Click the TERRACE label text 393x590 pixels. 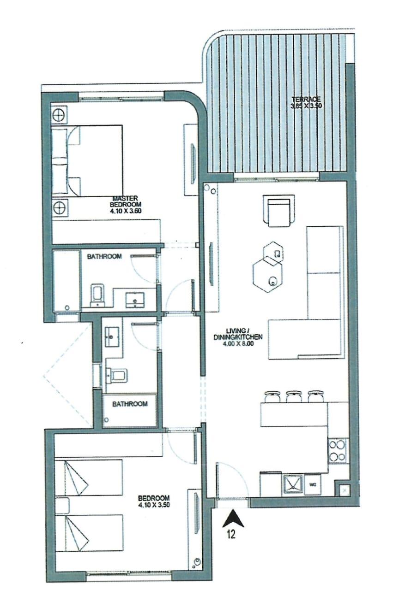pyautogui.click(x=306, y=99)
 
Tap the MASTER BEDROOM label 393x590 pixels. pyautogui.click(x=125, y=201)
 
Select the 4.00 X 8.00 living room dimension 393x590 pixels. pyautogui.click(x=238, y=343)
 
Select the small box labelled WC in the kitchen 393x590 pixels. pyautogui.click(x=313, y=484)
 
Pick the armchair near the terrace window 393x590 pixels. pyautogui.click(x=279, y=210)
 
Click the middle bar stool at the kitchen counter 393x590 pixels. pyautogui.click(x=294, y=396)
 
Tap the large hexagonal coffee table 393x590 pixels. pyautogui.click(x=267, y=274)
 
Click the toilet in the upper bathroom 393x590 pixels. pyautogui.click(x=97, y=295)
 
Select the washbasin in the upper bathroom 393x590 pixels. pyautogui.click(x=135, y=300)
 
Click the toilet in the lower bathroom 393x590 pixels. pyautogui.click(x=117, y=375)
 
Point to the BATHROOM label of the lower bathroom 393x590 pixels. pyautogui.click(x=130, y=404)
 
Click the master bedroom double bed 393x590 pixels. pyautogui.click(x=87, y=161)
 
